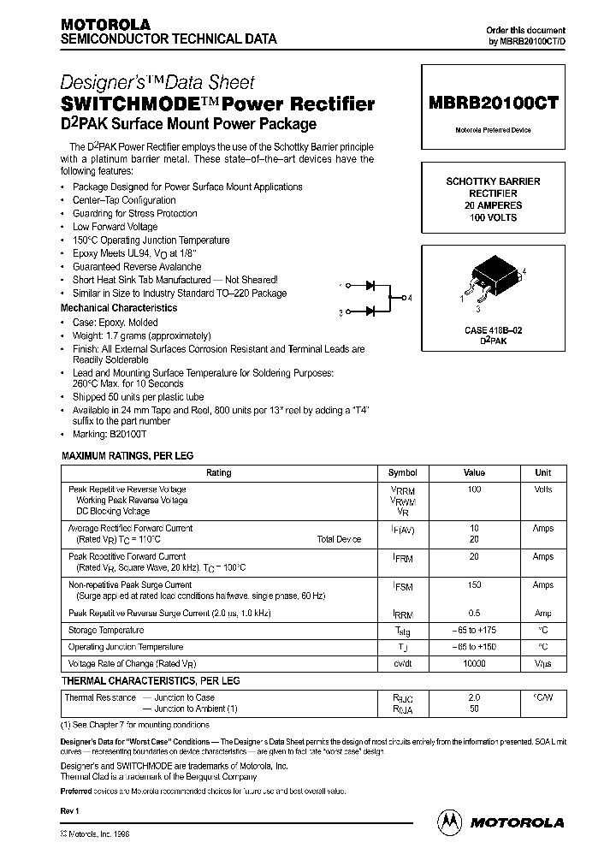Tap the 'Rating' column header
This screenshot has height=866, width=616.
click(219, 472)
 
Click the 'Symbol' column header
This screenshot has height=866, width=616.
click(402, 472)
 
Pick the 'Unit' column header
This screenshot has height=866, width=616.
click(542, 472)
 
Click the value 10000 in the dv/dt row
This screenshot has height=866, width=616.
click(474, 664)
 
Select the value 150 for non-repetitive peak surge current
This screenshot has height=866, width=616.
click(474, 585)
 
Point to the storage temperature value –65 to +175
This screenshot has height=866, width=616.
click(474, 631)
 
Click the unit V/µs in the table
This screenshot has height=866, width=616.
click(542, 664)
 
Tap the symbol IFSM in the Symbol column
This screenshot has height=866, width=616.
click(402, 586)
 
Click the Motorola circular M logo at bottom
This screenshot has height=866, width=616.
click(449, 822)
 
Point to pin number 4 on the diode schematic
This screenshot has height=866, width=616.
click(410, 298)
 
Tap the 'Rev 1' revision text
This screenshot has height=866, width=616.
click(70, 810)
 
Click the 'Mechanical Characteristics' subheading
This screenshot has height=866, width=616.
click(119, 307)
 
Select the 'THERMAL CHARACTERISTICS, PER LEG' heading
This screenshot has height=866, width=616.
click(151, 681)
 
